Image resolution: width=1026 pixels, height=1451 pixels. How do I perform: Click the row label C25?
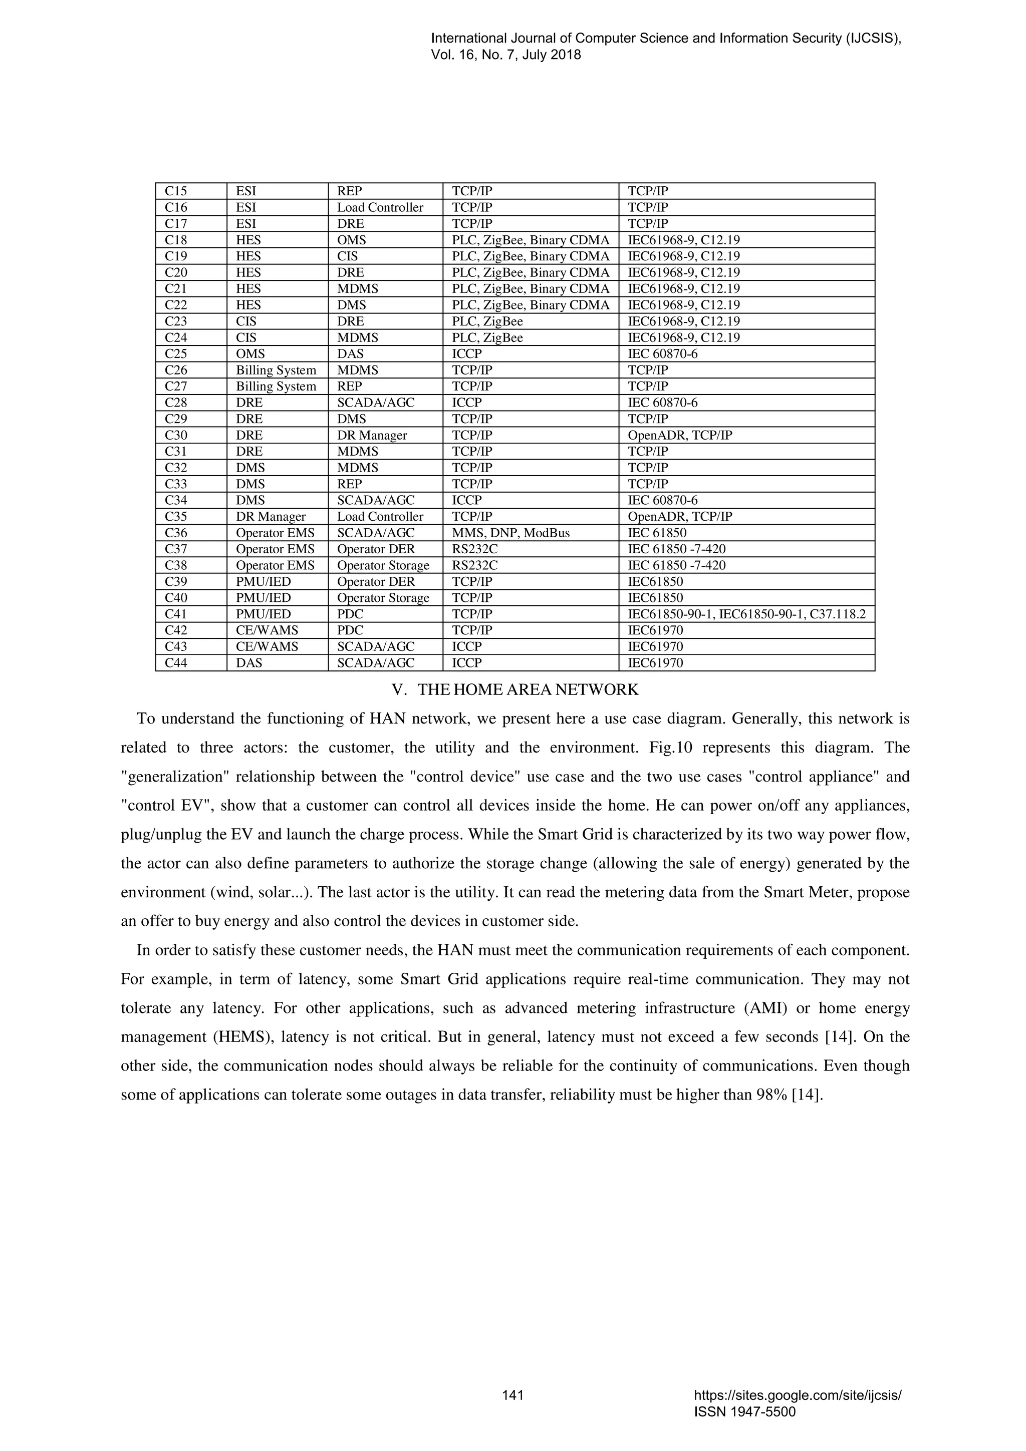point(176,354)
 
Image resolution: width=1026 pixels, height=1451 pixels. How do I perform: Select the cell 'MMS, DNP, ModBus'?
point(511,533)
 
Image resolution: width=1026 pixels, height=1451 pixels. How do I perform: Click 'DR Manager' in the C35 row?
point(271,516)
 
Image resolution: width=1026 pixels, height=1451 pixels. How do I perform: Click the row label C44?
point(176,663)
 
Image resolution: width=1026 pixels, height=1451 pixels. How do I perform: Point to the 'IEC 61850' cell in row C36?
point(657,533)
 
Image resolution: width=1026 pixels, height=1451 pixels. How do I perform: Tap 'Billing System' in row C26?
point(276,371)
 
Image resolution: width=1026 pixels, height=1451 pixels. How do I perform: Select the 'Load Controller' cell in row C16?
point(380,207)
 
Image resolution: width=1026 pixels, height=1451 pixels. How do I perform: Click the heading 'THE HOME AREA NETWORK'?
point(528,689)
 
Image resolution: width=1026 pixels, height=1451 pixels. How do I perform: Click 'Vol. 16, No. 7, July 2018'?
point(505,55)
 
